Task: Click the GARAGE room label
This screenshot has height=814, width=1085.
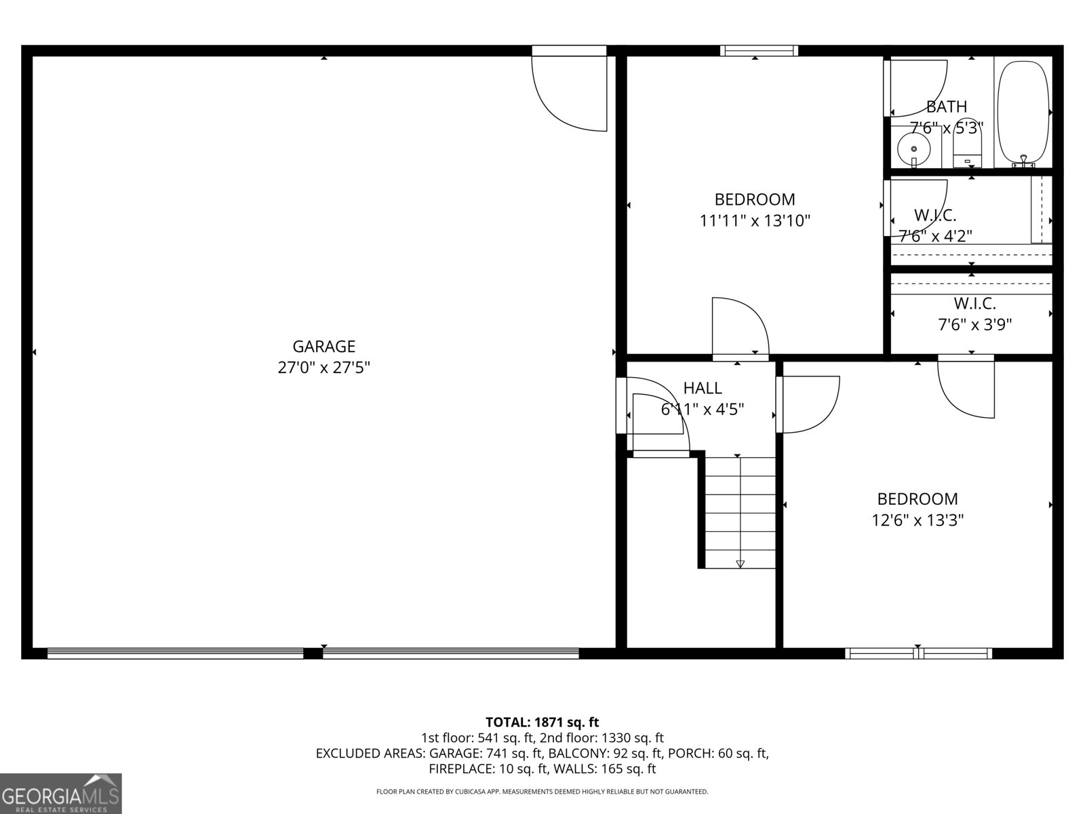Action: pos(323,347)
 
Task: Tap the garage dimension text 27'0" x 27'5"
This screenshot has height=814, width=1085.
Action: pos(323,368)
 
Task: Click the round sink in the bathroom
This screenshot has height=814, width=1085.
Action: pos(913,149)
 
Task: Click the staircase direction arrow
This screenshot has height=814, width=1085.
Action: pos(740,563)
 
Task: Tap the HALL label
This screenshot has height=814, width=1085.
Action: pos(702,388)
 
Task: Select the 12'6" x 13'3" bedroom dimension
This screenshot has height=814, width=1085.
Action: pos(918,520)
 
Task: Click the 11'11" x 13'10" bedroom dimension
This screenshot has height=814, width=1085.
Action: pos(755,220)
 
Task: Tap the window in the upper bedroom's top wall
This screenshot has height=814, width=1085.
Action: pos(759,50)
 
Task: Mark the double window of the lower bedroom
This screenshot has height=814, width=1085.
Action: pos(918,653)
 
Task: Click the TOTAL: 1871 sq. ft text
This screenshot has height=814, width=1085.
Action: pos(542,722)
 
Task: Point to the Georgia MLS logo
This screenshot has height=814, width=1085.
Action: pos(60,793)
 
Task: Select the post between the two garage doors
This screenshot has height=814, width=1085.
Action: pos(313,653)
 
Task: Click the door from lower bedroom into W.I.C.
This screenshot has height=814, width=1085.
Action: pos(966,387)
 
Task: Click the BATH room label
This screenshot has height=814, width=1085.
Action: pos(946,106)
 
